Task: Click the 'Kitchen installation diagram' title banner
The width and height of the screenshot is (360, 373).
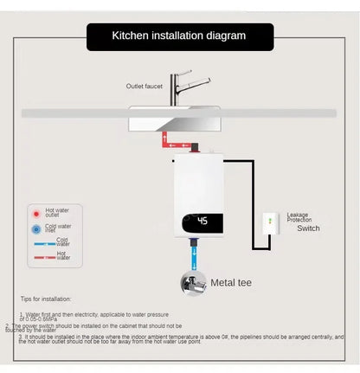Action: click(179, 36)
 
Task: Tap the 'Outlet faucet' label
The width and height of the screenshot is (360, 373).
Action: click(145, 85)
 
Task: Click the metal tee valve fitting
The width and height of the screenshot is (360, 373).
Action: click(193, 283)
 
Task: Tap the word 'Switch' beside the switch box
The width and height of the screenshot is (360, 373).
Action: click(309, 228)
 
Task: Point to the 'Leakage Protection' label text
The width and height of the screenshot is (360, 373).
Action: click(299, 219)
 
